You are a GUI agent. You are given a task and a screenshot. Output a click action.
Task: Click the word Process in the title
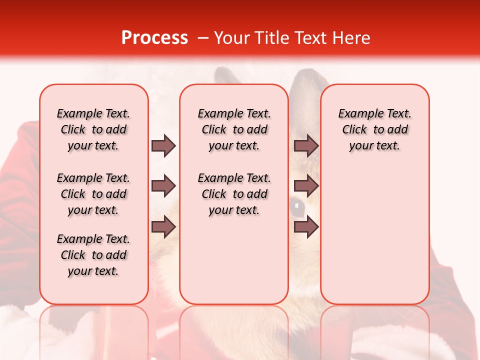pos(154,38)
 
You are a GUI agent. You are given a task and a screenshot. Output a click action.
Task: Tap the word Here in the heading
pos(351,38)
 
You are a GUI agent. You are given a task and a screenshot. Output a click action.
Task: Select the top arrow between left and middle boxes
pos(163,146)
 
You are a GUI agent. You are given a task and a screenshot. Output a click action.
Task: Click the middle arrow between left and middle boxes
pos(163,186)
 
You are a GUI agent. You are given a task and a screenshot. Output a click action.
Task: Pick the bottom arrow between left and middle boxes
pos(163,227)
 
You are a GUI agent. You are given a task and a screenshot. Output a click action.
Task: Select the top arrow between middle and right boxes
pos(306,146)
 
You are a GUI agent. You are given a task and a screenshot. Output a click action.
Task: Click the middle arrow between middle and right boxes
pos(306,186)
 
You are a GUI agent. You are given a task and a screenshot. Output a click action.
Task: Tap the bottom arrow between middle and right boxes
pos(306,227)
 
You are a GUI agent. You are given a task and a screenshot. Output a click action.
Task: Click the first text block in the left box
pos(93,129)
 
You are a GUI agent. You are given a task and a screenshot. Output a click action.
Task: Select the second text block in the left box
pos(93,194)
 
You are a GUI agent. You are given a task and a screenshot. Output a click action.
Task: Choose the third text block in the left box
pos(93,255)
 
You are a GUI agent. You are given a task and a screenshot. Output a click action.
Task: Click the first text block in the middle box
pos(234,129)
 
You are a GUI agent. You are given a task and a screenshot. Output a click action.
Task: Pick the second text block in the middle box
pos(234,194)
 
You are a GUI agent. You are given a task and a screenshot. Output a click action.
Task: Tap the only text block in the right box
pos(375,129)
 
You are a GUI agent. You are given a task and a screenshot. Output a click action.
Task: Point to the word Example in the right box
pos(357,114)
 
